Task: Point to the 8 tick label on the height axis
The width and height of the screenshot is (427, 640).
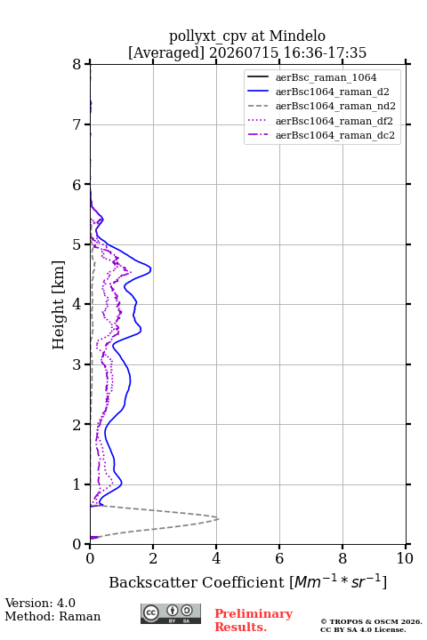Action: click(77, 64)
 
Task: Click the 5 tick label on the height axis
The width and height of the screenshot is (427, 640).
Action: click(77, 244)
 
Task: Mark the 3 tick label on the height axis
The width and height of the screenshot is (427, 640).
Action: click(77, 364)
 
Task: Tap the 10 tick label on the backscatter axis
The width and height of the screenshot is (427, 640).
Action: click(405, 558)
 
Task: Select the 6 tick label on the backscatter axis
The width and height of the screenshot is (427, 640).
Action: click(279, 558)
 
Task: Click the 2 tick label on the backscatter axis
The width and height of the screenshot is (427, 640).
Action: click(153, 558)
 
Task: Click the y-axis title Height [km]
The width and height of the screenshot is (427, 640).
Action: click(59, 305)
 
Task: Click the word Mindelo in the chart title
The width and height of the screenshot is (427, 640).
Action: click(297, 36)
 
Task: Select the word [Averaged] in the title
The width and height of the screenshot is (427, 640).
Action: click(166, 53)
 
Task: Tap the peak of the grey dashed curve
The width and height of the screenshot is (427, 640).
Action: click(219, 519)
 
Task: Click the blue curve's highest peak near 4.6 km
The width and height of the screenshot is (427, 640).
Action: click(150, 269)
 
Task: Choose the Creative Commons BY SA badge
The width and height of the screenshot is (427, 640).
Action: click(171, 613)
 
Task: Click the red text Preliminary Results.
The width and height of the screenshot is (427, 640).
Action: click(254, 620)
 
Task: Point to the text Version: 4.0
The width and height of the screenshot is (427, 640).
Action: click(40, 603)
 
